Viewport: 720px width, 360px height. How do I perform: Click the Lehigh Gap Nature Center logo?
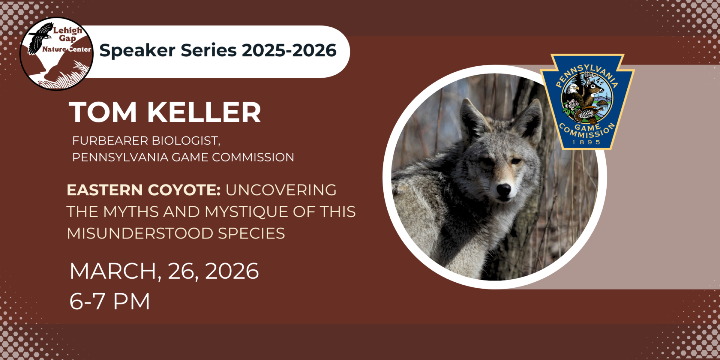(x=57, y=54)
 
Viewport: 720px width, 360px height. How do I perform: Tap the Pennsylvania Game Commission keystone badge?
(x=587, y=102)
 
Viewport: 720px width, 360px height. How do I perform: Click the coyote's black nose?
(x=504, y=189)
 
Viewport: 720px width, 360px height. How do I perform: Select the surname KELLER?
(x=204, y=112)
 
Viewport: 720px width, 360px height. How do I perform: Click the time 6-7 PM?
(x=110, y=301)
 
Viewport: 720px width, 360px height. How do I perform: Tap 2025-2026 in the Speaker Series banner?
(x=289, y=50)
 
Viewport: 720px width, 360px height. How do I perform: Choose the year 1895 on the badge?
(x=586, y=142)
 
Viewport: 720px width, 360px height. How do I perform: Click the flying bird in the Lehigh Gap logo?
(x=40, y=38)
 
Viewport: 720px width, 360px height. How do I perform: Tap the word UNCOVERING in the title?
(x=281, y=190)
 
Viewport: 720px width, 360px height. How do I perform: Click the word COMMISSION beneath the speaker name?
(x=253, y=157)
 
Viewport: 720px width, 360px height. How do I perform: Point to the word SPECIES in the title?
(x=251, y=234)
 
